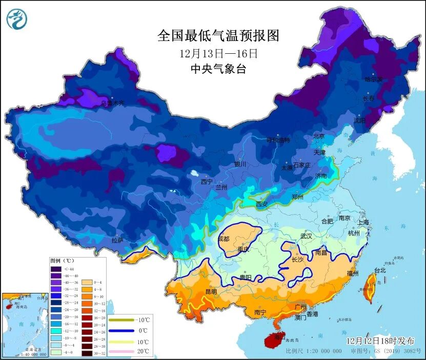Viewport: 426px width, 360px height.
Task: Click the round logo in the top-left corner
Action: coord(17,19)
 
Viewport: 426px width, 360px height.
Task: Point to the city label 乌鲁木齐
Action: coord(112,103)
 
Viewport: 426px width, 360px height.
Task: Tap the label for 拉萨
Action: coord(117,240)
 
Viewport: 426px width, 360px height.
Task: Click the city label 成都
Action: coord(224,239)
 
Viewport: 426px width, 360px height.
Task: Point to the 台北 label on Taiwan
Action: coord(379,270)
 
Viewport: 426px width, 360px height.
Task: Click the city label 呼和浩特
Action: coord(278,140)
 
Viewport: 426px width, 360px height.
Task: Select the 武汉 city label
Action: coord(306,236)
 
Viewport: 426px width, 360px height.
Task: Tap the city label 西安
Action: coord(261,204)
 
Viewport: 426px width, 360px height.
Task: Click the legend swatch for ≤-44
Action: coord(56,269)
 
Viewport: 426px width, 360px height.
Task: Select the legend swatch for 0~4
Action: coord(86,282)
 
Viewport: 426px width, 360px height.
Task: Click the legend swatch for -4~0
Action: coord(56,352)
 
